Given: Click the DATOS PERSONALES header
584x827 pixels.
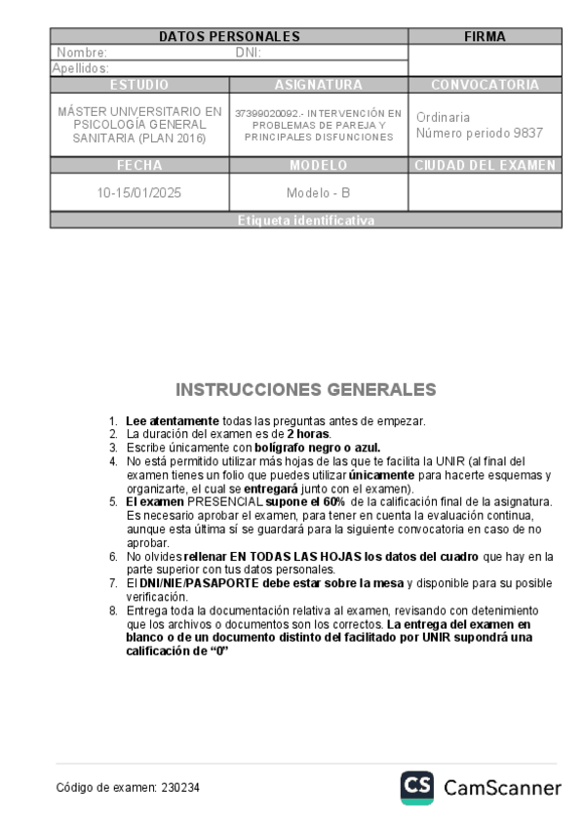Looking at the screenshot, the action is pyautogui.click(x=229, y=37).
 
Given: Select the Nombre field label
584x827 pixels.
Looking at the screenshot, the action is pyautogui.click(x=82, y=53).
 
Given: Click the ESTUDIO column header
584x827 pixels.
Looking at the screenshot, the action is pyautogui.click(x=139, y=85).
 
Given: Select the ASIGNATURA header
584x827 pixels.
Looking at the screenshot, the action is pyautogui.click(x=319, y=85).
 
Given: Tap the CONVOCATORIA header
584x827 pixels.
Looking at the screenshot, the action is pyautogui.click(x=485, y=85).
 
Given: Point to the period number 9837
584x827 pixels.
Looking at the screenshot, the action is pyautogui.click(x=526, y=133).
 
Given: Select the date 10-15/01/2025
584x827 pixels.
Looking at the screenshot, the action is pyautogui.click(x=139, y=192).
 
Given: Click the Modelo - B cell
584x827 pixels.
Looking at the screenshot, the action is pyautogui.click(x=319, y=192).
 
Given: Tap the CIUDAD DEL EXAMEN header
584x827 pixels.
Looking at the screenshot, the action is pyautogui.click(x=485, y=165).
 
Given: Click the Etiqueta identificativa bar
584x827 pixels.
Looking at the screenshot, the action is pyautogui.click(x=305, y=220).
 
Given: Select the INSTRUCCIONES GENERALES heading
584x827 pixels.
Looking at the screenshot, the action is pyautogui.click(x=305, y=390).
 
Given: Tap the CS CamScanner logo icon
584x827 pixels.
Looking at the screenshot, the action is pyautogui.click(x=416, y=787).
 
